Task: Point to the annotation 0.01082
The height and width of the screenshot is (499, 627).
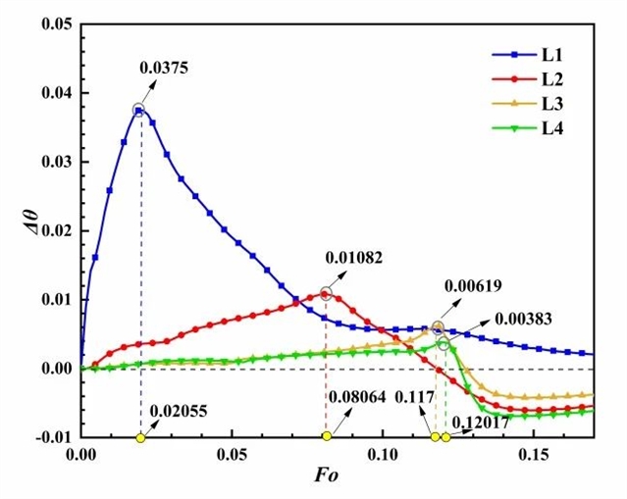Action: click(x=353, y=258)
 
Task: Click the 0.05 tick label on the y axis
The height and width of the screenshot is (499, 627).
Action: click(x=54, y=25)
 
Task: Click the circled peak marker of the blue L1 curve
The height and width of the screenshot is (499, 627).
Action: click(x=139, y=110)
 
